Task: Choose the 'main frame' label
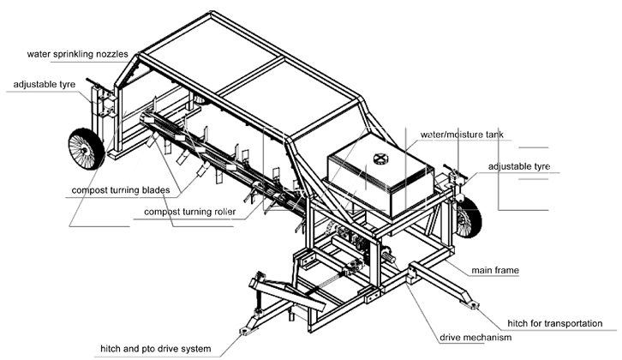496,270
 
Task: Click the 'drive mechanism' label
475,338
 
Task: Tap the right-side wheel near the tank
468,213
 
